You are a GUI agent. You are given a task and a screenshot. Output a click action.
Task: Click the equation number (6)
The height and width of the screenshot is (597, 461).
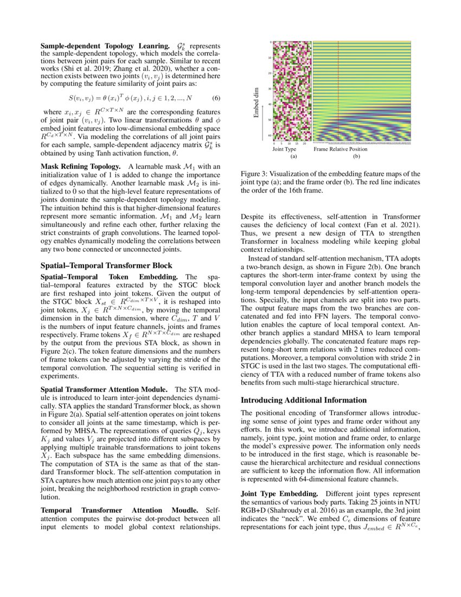[x=215, y=98]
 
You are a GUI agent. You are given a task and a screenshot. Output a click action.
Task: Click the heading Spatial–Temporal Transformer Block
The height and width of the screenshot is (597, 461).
[x=106, y=265]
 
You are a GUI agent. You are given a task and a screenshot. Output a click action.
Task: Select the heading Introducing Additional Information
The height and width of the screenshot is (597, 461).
[x=303, y=400]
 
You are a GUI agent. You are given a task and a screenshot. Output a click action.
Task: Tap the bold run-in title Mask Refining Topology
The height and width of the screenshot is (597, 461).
[x=81, y=166]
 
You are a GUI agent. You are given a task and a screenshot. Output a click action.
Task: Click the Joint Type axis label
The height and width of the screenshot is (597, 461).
[x=284, y=149]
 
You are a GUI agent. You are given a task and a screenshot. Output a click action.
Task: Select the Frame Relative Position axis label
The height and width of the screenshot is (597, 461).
[x=340, y=149]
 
